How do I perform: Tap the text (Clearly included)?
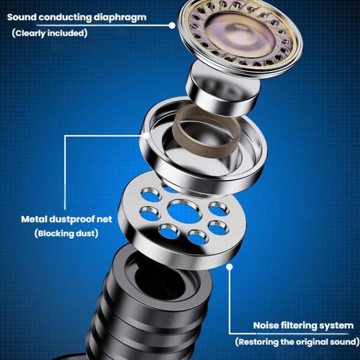coord(50,33)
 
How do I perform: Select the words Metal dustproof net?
coord(67,219)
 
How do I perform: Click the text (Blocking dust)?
coord(66,234)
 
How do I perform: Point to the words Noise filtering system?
coord(303,326)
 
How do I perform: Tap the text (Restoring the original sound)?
coord(297,342)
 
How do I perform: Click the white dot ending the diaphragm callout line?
coord(172,25)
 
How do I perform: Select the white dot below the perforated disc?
coord(229,266)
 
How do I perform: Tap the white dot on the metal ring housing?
coord(146,136)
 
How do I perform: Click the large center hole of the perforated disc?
coord(184,212)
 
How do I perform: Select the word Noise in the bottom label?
coord(267,326)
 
